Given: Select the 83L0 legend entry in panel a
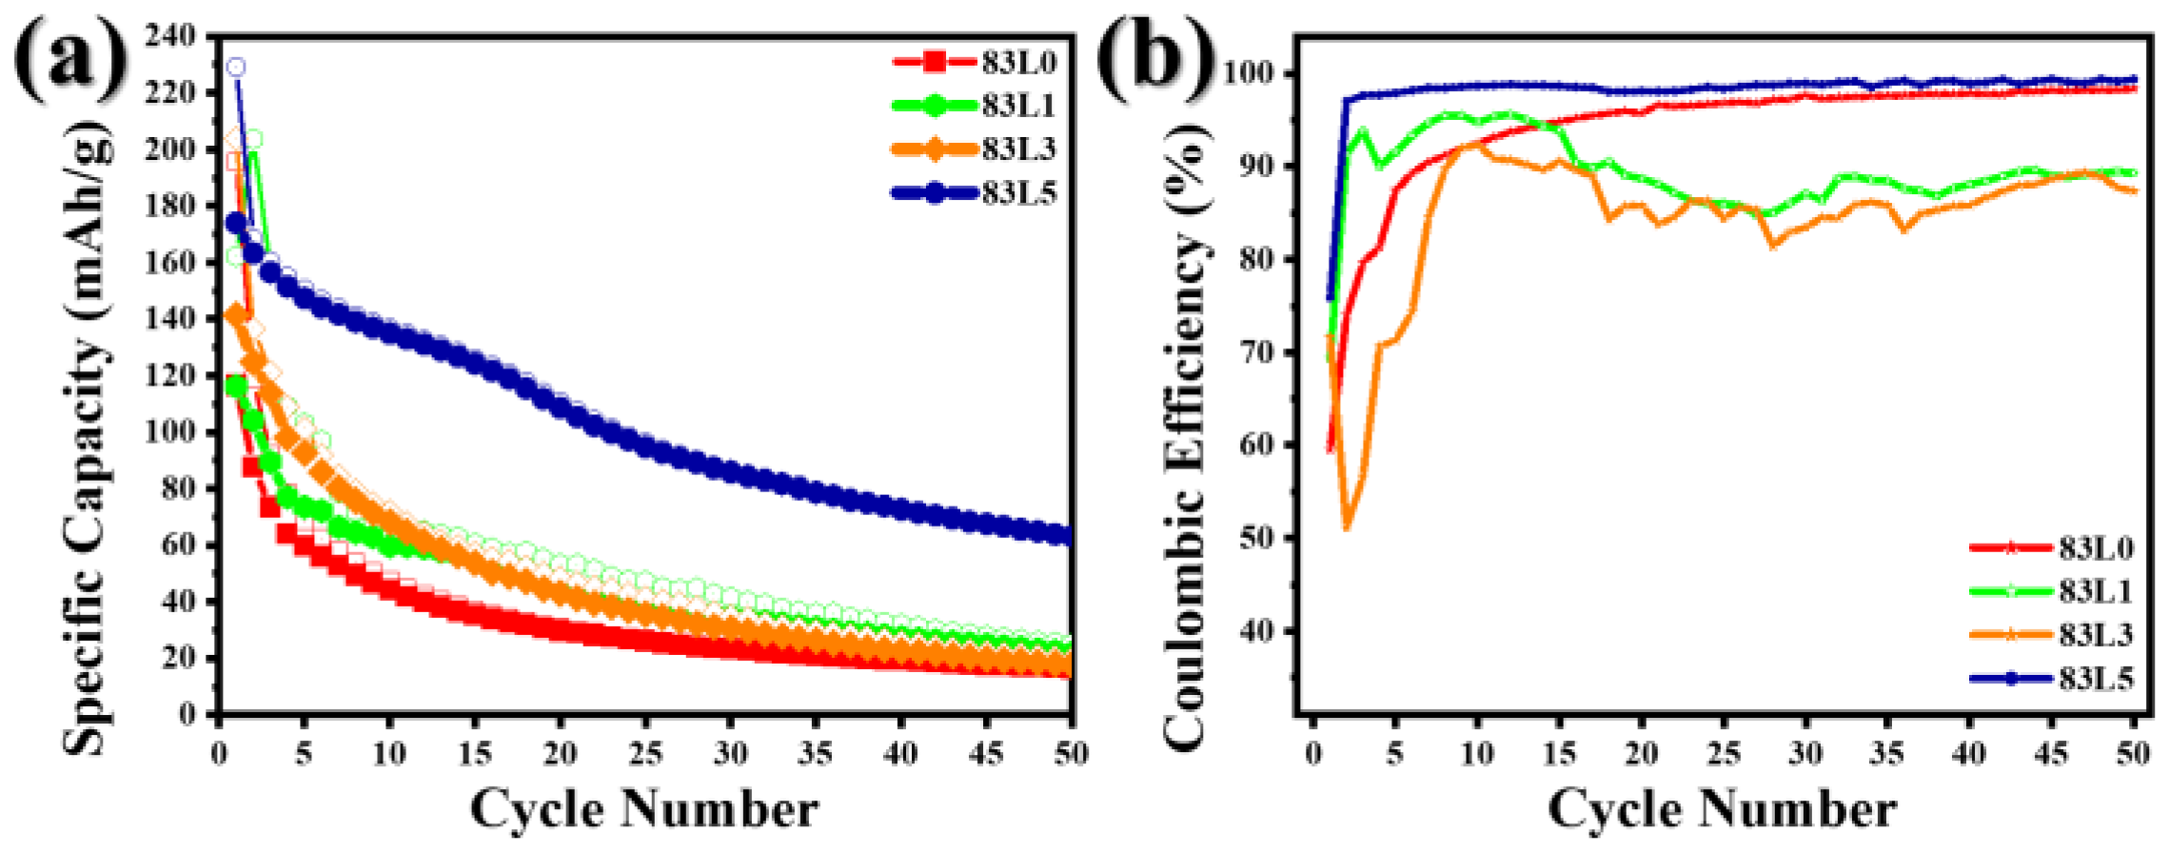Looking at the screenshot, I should tap(976, 63).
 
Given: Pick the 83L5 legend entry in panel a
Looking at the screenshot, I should tap(976, 193).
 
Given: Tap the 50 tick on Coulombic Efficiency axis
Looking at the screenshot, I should tap(1256, 538).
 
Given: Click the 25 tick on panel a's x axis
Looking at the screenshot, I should tap(645, 755).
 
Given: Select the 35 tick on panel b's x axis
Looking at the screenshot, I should tap(1886, 755).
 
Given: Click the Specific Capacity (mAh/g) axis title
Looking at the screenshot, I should tap(86, 438).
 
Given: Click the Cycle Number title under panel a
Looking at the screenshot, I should tap(644, 810).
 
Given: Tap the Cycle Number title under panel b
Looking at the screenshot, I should tap(1722, 810).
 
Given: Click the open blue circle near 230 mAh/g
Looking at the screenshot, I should tap(236, 67).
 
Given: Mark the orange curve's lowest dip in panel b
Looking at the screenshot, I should tap(1347, 528).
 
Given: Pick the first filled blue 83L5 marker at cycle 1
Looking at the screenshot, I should tap(236, 223).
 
